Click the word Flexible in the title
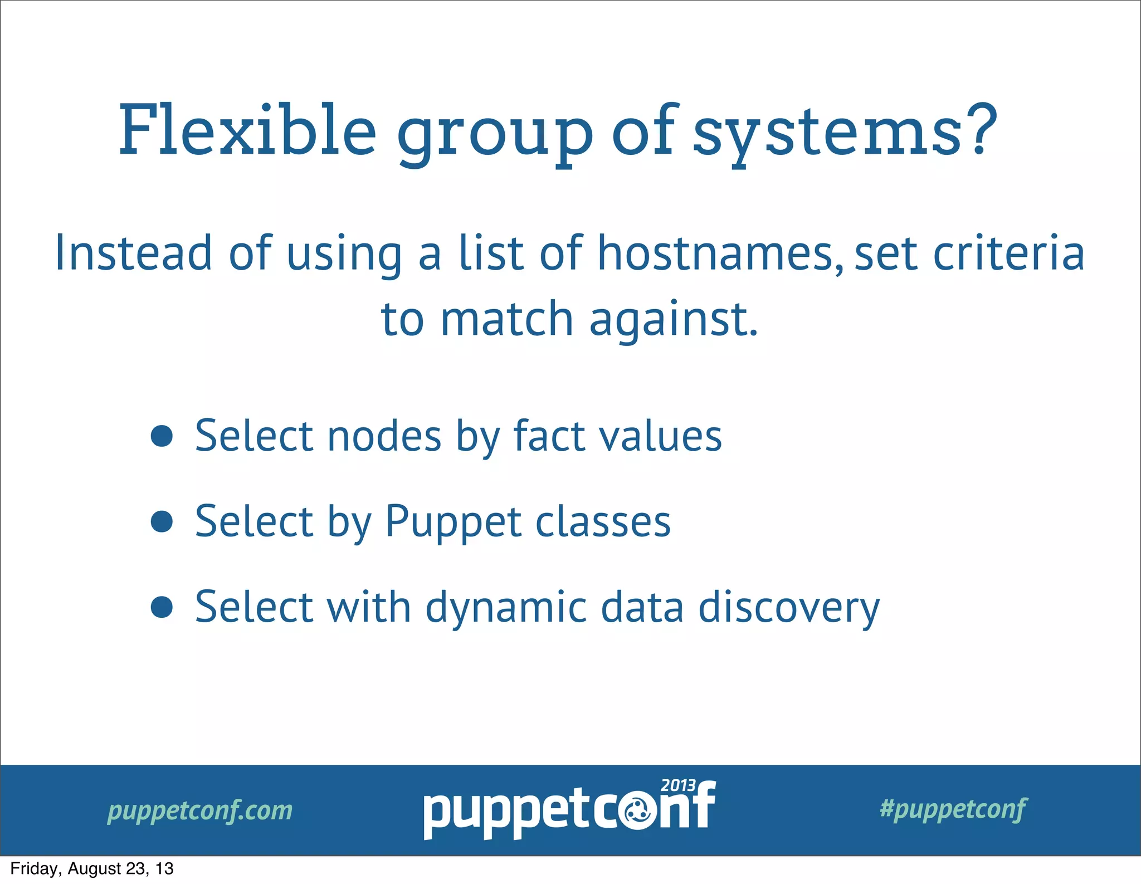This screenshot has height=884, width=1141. coord(247,131)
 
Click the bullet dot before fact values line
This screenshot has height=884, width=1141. coord(162,436)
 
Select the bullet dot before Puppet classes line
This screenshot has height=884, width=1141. coord(162,522)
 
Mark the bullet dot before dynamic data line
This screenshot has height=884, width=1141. coord(162,607)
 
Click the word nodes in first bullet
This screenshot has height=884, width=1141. coord(384,436)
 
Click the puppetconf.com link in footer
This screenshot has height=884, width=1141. coord(199,810)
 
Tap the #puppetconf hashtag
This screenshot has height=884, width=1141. coord(953,809)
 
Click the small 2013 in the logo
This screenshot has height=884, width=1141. coord(678,785)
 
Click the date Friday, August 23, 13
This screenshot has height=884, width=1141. coord(92,868)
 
